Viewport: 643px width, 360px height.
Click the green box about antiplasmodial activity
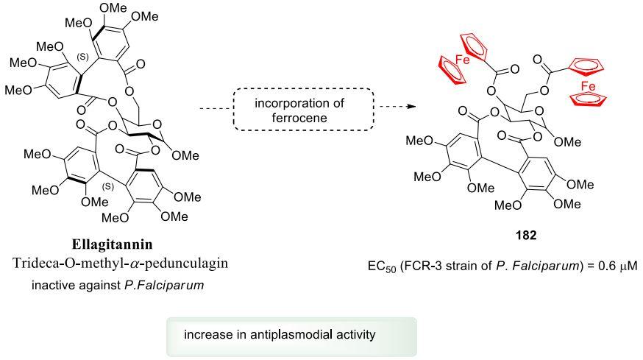(291, 335)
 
